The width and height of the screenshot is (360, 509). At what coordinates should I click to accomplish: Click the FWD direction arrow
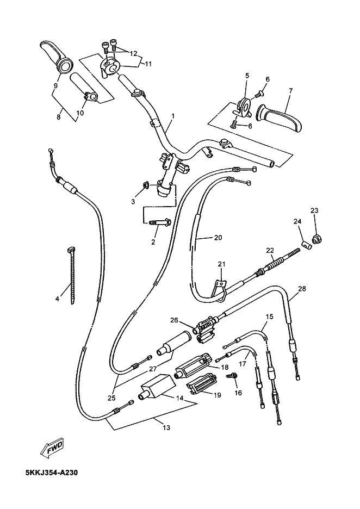coord(52,448)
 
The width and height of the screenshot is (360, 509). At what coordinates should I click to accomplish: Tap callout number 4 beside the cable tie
coord(58,299)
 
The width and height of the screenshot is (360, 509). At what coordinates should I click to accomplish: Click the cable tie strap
coord(71,275)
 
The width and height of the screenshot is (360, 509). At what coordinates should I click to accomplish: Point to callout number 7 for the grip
coord(290,91)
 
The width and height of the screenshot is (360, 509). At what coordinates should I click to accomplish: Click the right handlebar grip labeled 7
coord(280,118)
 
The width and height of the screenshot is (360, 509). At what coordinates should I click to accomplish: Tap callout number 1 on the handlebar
coord(173,116)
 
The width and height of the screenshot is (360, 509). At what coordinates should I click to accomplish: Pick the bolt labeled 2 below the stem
coord(158,224)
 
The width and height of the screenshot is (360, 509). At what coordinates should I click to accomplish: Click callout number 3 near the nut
coord(133,202)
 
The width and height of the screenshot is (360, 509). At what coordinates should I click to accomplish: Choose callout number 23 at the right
coord(314,210)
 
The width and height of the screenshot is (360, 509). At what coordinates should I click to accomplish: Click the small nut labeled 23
coord(316,240)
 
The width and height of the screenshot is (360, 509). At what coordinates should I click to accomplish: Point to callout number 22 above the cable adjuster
coord(270,250)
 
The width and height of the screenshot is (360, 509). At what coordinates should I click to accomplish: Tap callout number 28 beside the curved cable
coord(302,288)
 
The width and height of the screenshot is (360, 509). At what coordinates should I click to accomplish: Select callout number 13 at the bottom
coord(166,427)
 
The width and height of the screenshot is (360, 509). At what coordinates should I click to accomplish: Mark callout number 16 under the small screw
coord(238,393)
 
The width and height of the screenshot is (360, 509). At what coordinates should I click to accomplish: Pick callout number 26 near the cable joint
coord(175,320)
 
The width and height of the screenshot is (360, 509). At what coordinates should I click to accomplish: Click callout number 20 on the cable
coord(218,238)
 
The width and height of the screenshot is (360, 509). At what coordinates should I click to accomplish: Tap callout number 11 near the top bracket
coord(148,64)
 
